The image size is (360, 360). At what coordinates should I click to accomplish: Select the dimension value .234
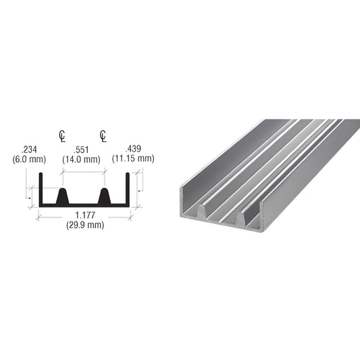29,149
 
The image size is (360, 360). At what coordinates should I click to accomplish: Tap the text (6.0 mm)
29,159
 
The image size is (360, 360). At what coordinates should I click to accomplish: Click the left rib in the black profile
63,197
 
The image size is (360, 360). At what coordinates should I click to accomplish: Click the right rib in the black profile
105,197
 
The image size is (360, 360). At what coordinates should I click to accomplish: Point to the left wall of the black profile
41,189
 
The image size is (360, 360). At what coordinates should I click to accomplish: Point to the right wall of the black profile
126,189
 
